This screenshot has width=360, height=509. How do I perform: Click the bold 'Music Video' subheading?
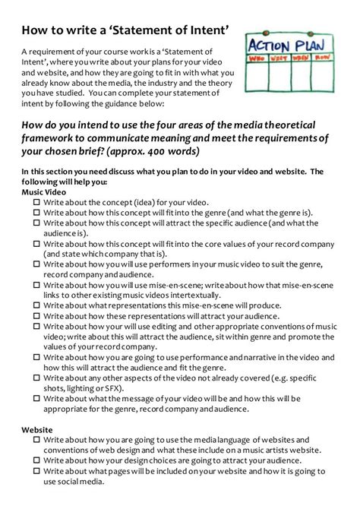pyautogui.click(x=45, y=193)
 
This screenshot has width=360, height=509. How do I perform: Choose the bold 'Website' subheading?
pyautogui.click(x=37, y=429)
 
